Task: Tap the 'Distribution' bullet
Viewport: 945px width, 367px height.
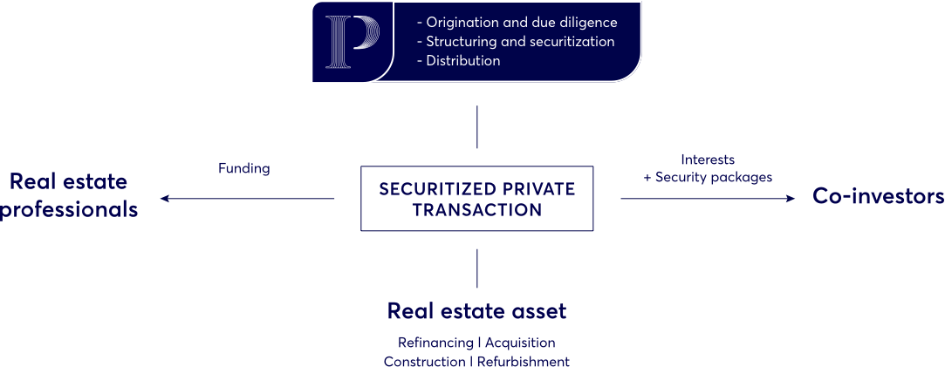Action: point(462,61)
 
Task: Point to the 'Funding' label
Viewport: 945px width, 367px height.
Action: point(244,169)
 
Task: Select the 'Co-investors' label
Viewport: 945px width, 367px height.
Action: point(878,197)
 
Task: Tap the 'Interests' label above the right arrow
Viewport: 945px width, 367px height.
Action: point(708,160)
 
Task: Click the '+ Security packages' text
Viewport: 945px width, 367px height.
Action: point(708,177)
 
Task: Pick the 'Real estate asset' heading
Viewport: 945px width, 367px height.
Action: point(477,311)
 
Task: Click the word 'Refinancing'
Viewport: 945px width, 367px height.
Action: point(435,343)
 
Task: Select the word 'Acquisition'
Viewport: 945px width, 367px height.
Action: point(520,343)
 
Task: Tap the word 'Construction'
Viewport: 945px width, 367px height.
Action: point(424,361)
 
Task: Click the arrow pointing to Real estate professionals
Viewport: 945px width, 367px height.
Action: point(249,199)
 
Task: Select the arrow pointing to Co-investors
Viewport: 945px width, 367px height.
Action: point(708,199)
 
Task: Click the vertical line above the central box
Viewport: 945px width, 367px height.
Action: point(477,129)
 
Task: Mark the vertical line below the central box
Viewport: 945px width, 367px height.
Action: point(477,268)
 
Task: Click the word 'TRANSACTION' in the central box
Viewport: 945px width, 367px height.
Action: point(477,211)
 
